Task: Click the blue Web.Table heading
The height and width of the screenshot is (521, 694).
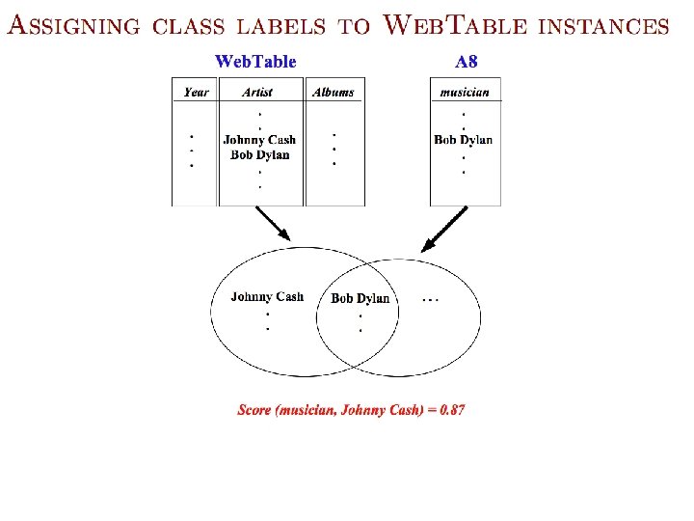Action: tap(255, 62)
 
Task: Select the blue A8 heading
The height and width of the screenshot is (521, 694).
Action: tap(466, 62)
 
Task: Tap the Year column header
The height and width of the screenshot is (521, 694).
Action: tap(196, 93)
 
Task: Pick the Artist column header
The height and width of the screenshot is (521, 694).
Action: tap(257, 93)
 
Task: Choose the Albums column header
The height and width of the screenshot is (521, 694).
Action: tap(334, 93)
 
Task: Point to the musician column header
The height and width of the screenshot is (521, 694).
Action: tap(465, 93)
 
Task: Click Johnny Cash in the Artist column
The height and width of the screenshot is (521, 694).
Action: tap(259, 140)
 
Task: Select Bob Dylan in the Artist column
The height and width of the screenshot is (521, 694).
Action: tap(259, 154)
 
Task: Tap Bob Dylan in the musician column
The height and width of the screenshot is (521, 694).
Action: tap(463, 140)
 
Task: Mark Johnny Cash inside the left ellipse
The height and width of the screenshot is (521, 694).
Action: tap(267, 297)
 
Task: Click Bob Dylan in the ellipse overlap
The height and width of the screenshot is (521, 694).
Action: tap(360, 298)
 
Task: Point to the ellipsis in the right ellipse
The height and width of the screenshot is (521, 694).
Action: tap(431, 299)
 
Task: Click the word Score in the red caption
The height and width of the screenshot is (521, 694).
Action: tap(254, 410)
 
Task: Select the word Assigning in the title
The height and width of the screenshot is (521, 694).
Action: tap(73, 26)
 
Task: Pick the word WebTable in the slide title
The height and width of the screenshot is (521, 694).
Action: tap(455, 25)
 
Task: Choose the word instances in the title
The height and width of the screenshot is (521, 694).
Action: tap(602, 26)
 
